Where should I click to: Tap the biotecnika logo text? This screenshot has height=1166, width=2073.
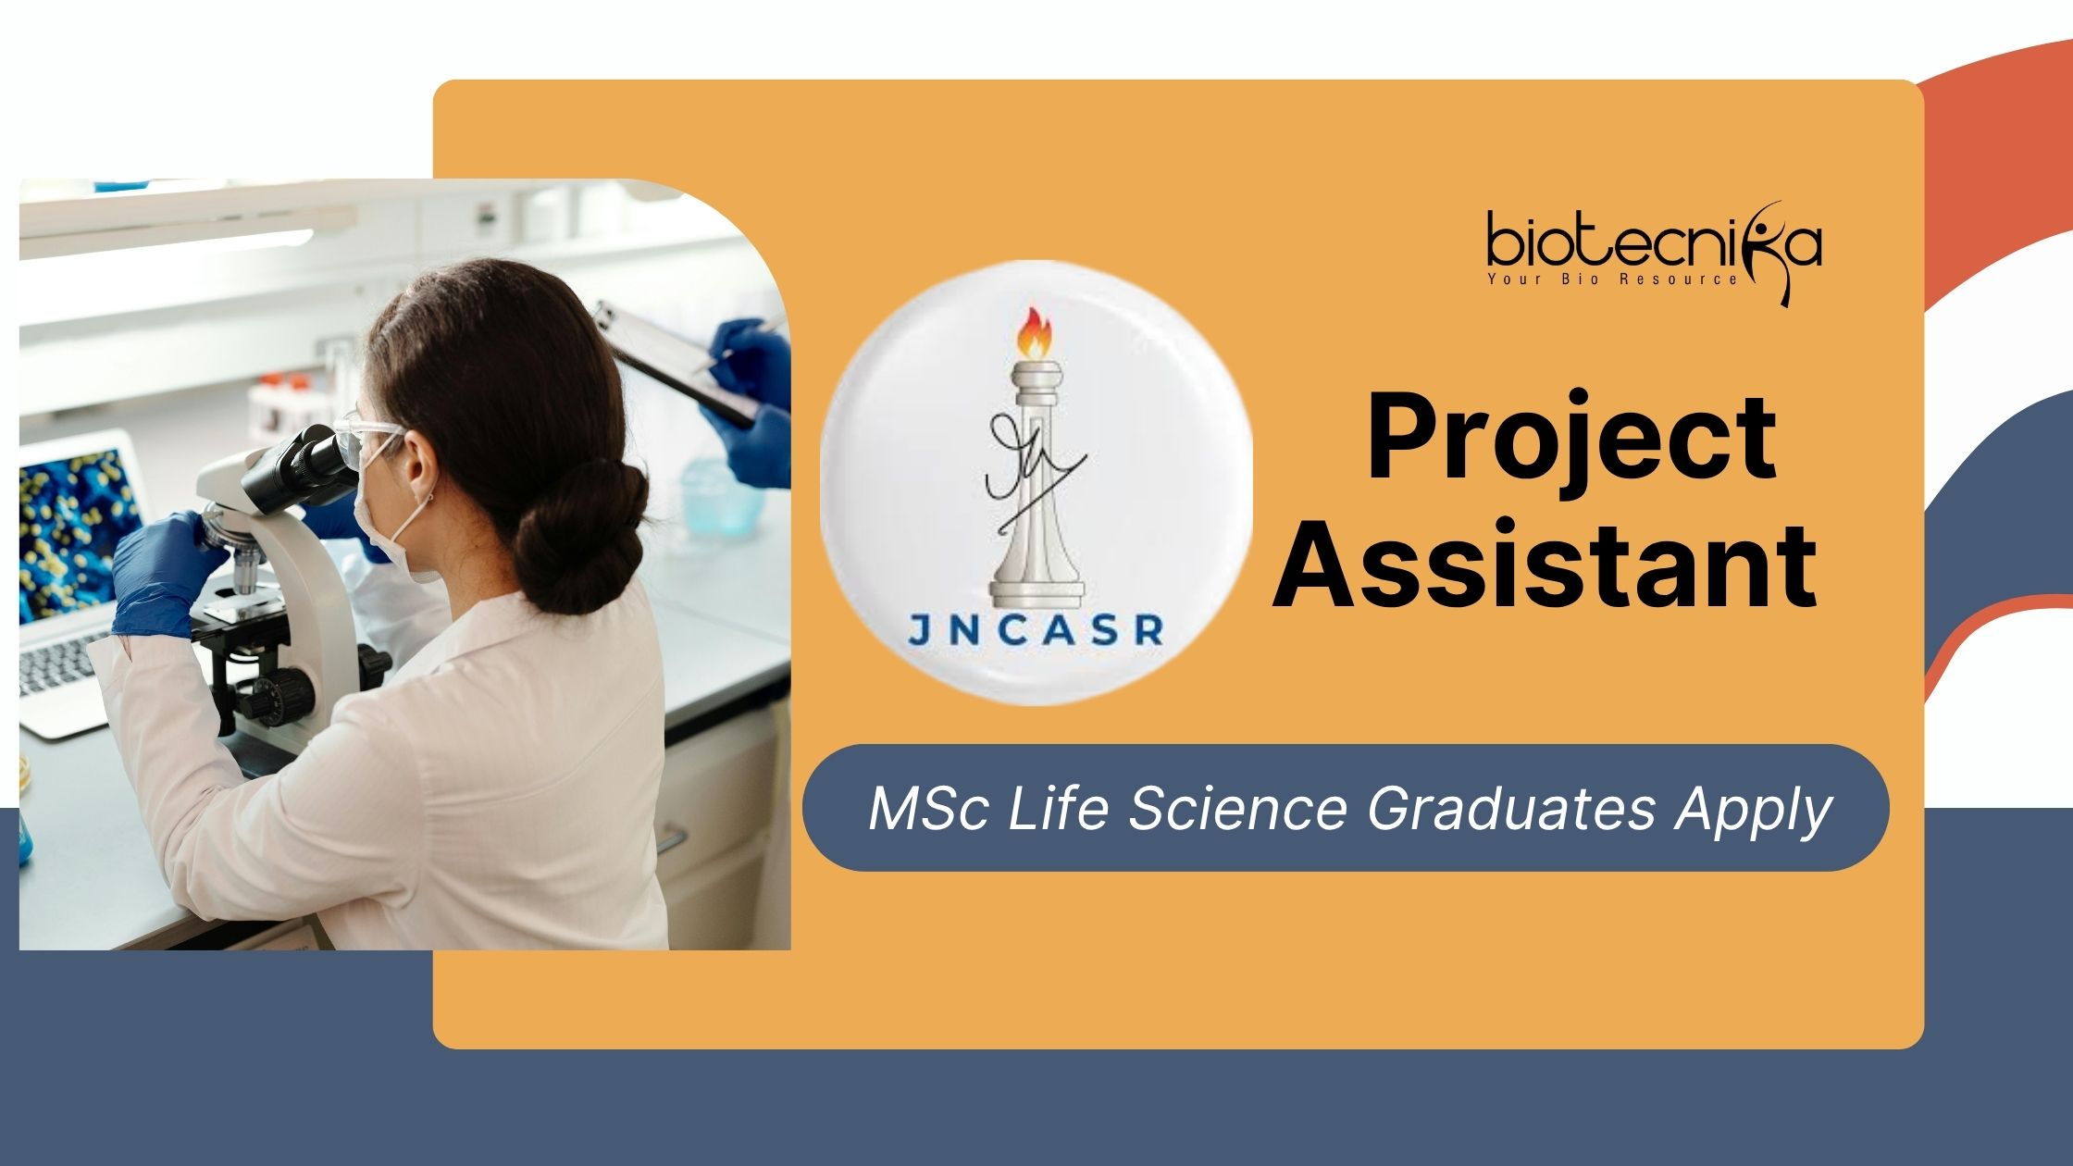pyautogui.click(x=1654, y=242)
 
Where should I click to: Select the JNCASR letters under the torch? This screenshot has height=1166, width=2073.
pyautogui.click(x=1035, y=630)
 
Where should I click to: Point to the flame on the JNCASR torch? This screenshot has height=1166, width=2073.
pyautogui.click(x=1035, y=334)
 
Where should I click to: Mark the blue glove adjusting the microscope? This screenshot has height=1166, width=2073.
pyautogui.click(x=165, y=574)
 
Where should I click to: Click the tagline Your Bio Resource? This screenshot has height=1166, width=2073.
pyautogui.click(x=1613, y=279)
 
